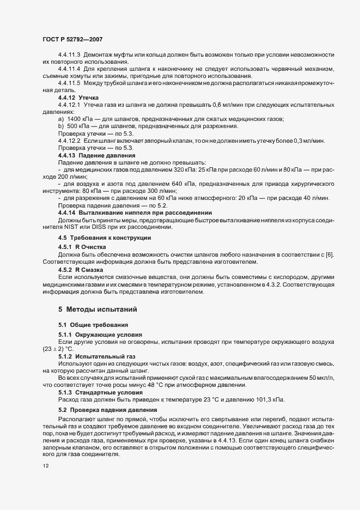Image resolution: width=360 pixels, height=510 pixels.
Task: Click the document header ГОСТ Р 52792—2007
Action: (x=70, y=40)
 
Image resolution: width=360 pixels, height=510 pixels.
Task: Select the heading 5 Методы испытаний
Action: (x=93, y=309)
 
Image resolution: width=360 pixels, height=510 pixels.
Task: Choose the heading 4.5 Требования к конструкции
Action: (x=96, y=238)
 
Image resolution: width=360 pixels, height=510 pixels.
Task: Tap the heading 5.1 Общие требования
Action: (x=86, y=325)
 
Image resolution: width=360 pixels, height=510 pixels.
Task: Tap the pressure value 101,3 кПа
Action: (x=266, y=400)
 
